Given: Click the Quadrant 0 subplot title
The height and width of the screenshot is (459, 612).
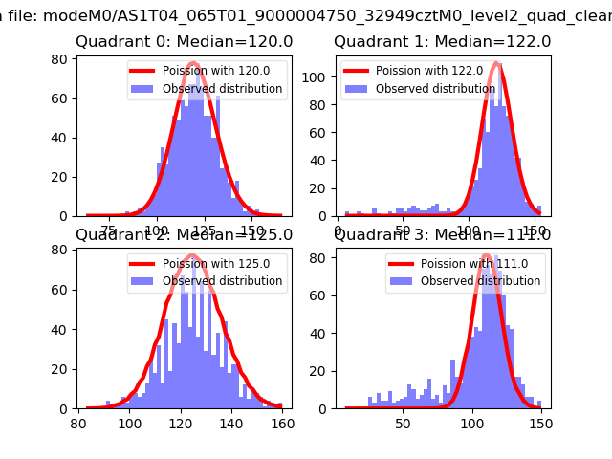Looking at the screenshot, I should (185, 42).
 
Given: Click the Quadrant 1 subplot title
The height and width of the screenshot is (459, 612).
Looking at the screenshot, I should (443, 42).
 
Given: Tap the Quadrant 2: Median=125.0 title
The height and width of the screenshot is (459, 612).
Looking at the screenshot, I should (185, 235).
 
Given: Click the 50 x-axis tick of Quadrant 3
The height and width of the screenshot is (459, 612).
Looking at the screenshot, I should (404, 421).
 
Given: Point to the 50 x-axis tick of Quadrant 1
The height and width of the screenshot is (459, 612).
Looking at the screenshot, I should (403, 229).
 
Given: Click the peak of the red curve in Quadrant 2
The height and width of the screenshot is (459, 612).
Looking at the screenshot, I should (191, 255).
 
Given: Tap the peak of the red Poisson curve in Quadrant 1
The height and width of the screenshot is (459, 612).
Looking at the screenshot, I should (496, 63).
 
